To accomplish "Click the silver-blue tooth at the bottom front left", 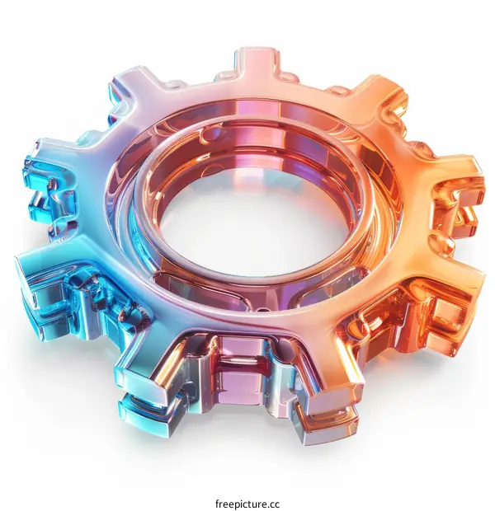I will click(157, 387).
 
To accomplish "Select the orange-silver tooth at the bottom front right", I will click(330, 387).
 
